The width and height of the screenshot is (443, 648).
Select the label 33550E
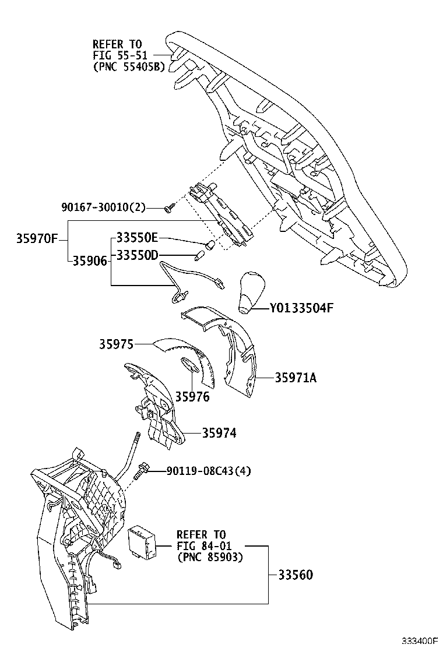137,238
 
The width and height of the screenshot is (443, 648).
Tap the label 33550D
137,255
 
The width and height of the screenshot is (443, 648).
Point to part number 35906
90,261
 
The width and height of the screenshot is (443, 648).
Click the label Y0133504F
301,308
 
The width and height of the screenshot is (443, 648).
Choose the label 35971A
296,378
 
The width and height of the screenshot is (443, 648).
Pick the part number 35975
115,344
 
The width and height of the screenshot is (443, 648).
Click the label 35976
192,397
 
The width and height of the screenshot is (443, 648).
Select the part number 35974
220,433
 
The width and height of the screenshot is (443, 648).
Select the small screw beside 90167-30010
168,208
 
